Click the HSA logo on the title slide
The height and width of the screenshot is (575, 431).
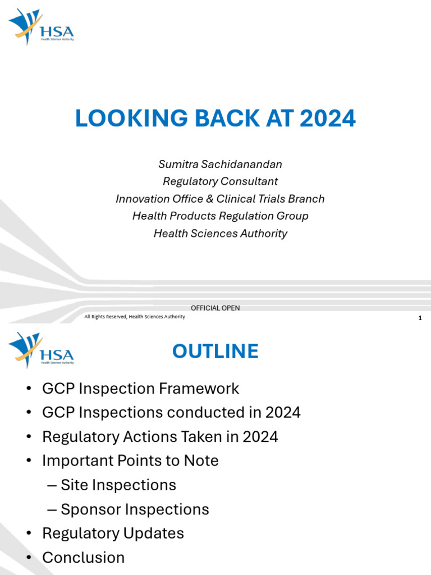pos(41,27)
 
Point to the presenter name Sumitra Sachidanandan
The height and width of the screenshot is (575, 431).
pos(220,164)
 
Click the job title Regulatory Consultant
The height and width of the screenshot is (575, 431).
pos(220,181)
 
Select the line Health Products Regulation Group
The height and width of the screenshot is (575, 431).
pos(220,216)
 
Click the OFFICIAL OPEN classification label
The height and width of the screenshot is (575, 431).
pos(215,308)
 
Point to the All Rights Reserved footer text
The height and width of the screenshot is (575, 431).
pos(135,317)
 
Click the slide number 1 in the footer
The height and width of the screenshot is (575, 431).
pos(420,318)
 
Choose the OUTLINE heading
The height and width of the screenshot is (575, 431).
pos(215,351)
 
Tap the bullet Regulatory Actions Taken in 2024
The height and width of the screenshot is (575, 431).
pos(160,436)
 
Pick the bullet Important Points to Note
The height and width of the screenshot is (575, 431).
pos(130,460)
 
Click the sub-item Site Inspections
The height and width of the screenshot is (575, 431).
pos(118,485)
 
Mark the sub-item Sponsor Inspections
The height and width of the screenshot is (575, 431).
pos(135,509)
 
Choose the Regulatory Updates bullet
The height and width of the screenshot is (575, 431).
pos(113,533)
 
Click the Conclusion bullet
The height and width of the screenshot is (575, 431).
pos(83,557)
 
